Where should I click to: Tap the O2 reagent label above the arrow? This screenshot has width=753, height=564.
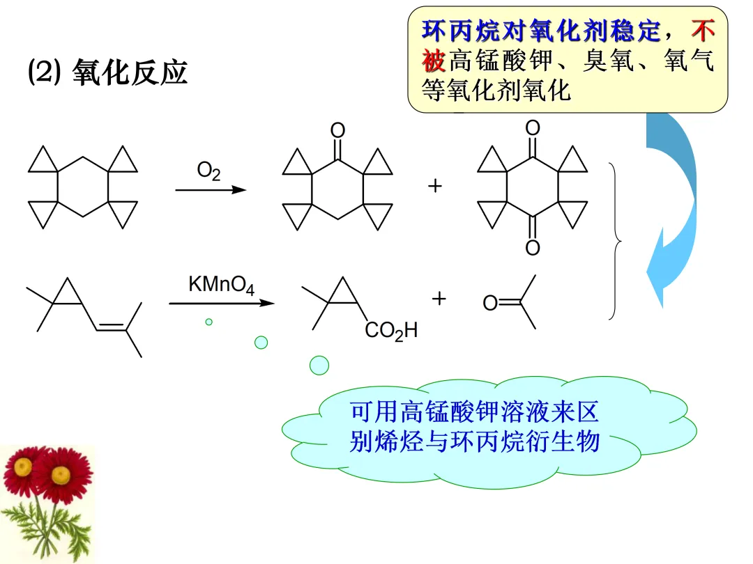click(208, 171)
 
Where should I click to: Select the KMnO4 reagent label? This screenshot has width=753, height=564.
click(221, 285)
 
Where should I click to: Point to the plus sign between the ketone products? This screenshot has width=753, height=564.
click(435, 187)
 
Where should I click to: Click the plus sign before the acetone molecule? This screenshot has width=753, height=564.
click(439, 299)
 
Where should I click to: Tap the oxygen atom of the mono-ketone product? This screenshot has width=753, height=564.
click(337, 130)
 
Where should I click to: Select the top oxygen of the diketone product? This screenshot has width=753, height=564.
click(533, 128)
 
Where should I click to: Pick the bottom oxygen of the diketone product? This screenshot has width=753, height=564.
click(533, 249)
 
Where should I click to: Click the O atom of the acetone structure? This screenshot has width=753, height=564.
click(490, 303)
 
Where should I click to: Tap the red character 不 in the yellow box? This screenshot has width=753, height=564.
click(703, 31)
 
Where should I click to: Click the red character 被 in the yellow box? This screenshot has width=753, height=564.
click(434, 61)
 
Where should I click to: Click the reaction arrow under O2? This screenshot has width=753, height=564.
click(211, 189)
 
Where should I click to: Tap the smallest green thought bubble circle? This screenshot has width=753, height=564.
click(208, 322)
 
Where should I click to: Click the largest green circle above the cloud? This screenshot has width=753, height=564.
click(319, 364)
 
